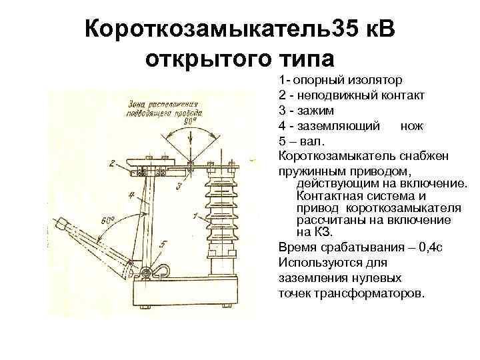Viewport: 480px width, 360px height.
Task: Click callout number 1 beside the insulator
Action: tap(194, 215)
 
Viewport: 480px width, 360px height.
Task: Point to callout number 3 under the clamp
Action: tap(178, 187)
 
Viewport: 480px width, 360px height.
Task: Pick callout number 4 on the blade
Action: tap(132, 196)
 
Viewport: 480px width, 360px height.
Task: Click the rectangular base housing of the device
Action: tap(190, 294)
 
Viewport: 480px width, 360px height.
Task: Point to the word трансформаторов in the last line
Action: tap(366, 293)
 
